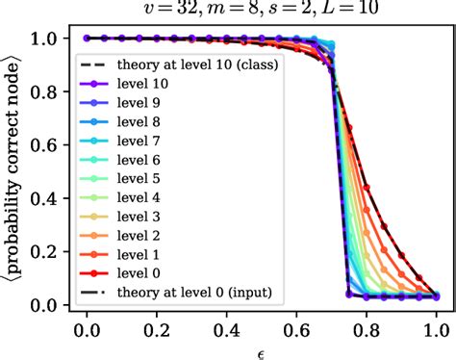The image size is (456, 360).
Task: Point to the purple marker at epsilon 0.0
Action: tap(87, 39)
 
